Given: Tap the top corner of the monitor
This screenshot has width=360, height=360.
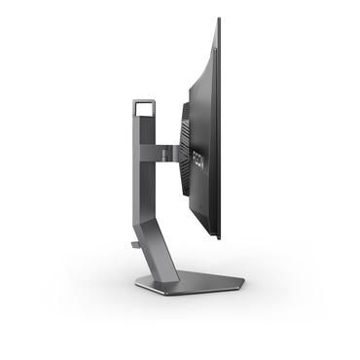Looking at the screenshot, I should click(x=218, y=19).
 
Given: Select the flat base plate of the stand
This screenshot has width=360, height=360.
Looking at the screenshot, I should click(x=190, y=283).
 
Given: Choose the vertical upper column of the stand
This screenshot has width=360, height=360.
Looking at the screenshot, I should click(x=141, y=165).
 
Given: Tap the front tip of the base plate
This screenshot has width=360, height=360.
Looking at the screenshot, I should click(x=241, y=283).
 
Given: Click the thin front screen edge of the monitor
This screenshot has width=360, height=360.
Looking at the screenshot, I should click(x=219, y=126).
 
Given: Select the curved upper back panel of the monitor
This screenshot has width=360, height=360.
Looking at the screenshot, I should click(x=202, y=78).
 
